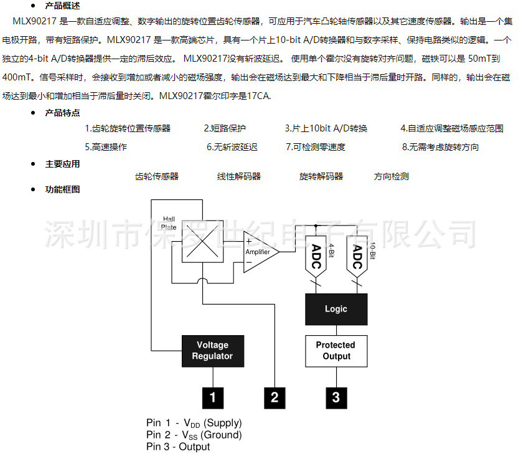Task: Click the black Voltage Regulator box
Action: point(213,351)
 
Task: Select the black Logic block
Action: point(336,309)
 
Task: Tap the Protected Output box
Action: point(336,351)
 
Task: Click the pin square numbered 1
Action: point(213,397)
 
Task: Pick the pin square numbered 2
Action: point(275,397)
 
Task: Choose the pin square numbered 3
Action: point(336,397)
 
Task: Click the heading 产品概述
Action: point(62,6)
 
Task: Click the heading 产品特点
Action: point(62,113)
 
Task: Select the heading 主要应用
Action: point(62,164)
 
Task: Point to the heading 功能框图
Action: point(62,189)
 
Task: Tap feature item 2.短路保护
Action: point(225,129)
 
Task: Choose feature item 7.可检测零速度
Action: point(316,148)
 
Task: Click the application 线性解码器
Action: point(239,176)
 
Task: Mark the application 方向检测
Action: point(392,176)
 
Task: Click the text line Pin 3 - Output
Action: point(179,447)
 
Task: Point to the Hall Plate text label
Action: point(169,223)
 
